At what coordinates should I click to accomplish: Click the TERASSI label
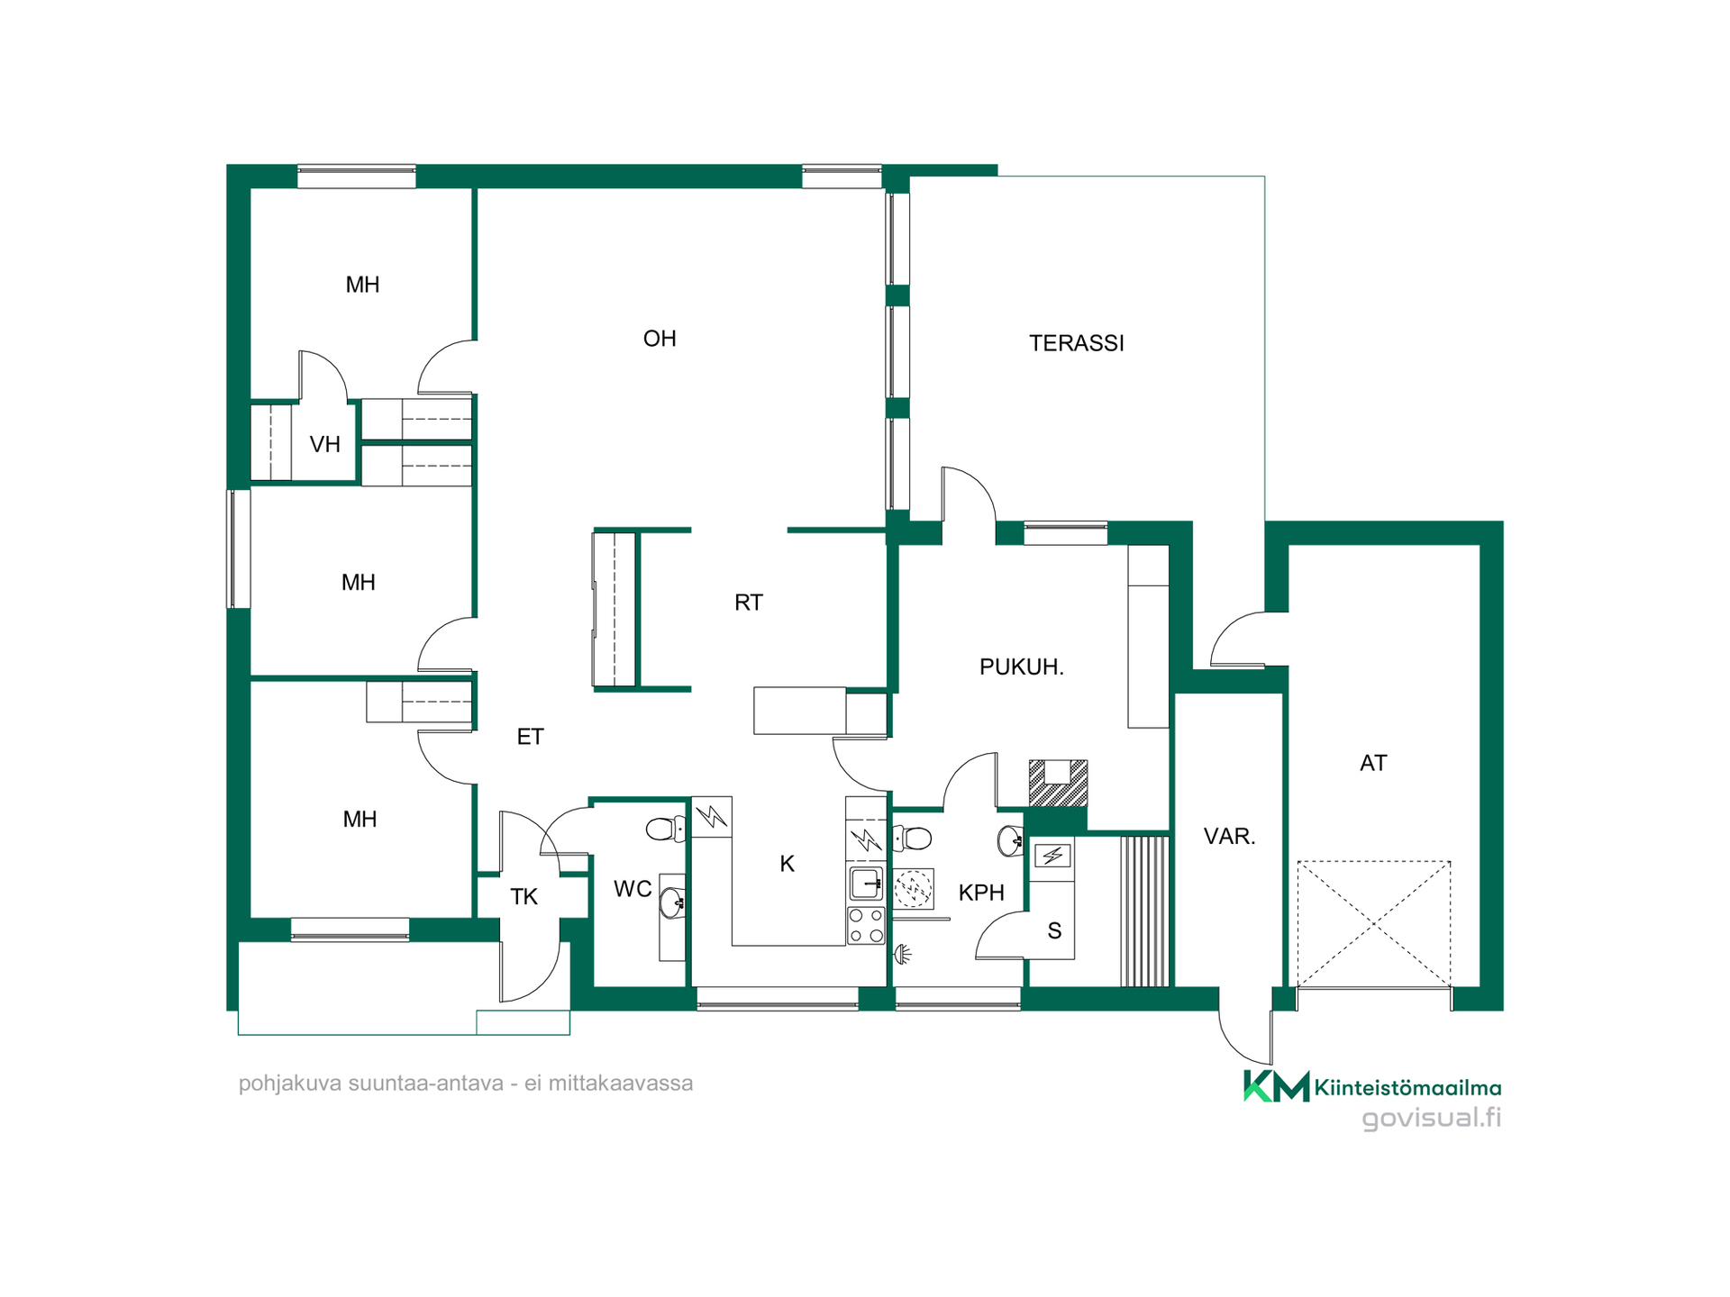click(1077, 343)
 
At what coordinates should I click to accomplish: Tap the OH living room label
click(660, 339)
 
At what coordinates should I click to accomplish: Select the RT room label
click(749, 603)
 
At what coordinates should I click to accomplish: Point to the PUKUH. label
click(1022, 667)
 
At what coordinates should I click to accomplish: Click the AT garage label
click(1373, 764)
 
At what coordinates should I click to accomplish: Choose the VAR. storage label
click(1230, 837)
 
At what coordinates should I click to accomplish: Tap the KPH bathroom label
click(981, 893)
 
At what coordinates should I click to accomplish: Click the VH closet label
click(325, 444)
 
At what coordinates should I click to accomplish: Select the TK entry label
click(524, 897)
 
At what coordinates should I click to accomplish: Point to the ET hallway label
click(531, 737)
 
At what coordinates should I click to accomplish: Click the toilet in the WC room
click(667, 829)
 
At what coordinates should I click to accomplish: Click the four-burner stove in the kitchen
click(866, 926)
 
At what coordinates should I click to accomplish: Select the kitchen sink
click(866, 884)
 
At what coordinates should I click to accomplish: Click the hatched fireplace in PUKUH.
click(1059, 783)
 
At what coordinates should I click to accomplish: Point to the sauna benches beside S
click(1144, 912)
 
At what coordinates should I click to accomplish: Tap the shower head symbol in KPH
click(902, 954)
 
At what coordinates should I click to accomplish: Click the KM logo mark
click(1276, 1086)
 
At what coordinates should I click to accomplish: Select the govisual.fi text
click(1432, 1119)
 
